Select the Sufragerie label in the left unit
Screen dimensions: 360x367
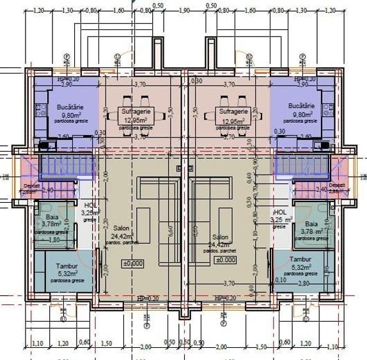135,111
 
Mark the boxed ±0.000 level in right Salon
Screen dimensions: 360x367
226,260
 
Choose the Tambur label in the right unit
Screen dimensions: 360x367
300,260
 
